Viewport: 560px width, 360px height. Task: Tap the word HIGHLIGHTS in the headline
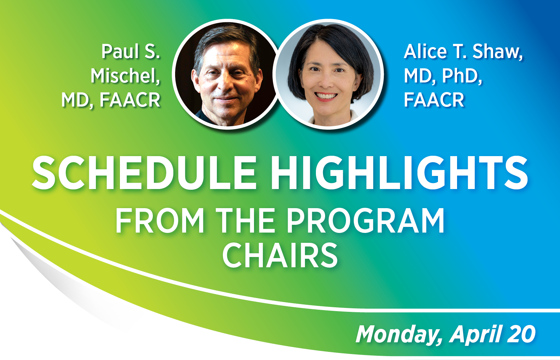[399, 173]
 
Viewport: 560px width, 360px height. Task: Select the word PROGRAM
[365, 221]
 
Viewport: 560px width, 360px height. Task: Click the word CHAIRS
[280, 256]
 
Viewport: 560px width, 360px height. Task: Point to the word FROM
[160, 221]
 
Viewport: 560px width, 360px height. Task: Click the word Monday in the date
[398, 335]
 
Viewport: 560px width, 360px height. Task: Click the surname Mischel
[125, 76]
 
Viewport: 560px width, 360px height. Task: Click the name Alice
[426, 52]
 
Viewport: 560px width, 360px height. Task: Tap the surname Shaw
[497, 52]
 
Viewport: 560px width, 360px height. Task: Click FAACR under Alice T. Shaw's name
[434, 100]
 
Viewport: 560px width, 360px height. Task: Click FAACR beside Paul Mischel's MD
[130, 100]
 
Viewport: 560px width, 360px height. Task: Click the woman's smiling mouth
[326, 96]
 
